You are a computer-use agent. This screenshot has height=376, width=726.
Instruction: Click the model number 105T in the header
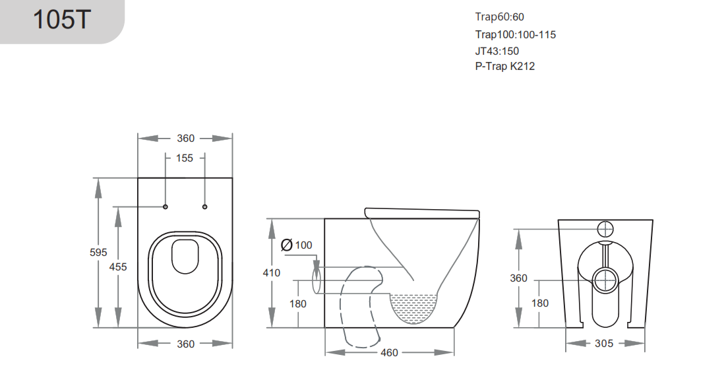point(61,20)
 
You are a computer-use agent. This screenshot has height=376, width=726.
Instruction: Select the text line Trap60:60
point(499,17)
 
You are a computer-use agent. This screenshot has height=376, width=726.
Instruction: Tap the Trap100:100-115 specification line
point(515,34)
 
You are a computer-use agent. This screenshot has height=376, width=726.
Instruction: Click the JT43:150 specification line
point(497,51)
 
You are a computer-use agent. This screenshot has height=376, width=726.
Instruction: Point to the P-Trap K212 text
point(504,67)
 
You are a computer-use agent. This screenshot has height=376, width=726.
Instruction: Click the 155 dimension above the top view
point(185,158)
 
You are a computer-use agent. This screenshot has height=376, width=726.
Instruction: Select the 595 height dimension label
point(98,252)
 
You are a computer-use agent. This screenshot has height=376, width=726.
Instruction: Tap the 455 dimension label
point(118,266)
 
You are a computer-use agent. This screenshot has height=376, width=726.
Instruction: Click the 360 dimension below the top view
point(185,344)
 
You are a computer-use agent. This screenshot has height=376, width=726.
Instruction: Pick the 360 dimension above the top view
point(185,139)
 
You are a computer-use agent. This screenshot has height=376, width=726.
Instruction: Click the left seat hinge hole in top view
point(165,207)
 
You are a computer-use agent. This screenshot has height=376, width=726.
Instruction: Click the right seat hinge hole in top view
point(204,207)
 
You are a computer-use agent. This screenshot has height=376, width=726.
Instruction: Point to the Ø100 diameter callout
point(297,245)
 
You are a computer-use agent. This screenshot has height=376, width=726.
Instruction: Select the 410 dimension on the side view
point(271,272)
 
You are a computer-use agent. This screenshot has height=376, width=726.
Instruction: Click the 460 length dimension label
point(389,353)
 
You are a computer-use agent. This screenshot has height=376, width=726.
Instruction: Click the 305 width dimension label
point(604,344)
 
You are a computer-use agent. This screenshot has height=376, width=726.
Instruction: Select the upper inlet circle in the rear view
point(605,229)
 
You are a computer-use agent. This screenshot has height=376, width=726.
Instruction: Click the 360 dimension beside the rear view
point(518,278)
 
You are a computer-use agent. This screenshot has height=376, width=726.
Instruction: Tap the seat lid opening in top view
point(185,257)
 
